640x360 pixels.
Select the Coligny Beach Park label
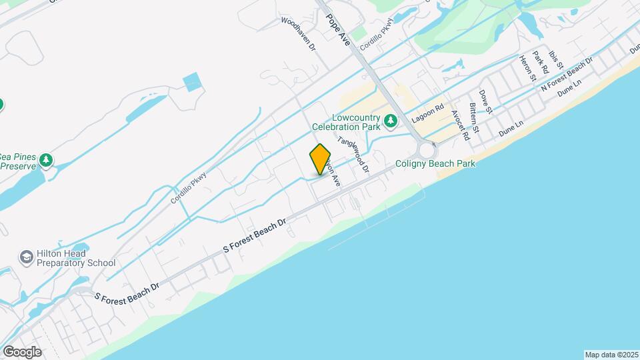pos(435,163)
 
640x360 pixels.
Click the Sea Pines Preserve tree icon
pos(45,160)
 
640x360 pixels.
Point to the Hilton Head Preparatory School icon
pos(26,257)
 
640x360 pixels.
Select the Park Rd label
pos(540,62)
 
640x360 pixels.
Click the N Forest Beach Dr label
pos(567,74)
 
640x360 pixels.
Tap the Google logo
pos(21,351)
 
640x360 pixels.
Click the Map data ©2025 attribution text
pos(611,355)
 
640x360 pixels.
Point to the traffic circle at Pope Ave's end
pos(426,151)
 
